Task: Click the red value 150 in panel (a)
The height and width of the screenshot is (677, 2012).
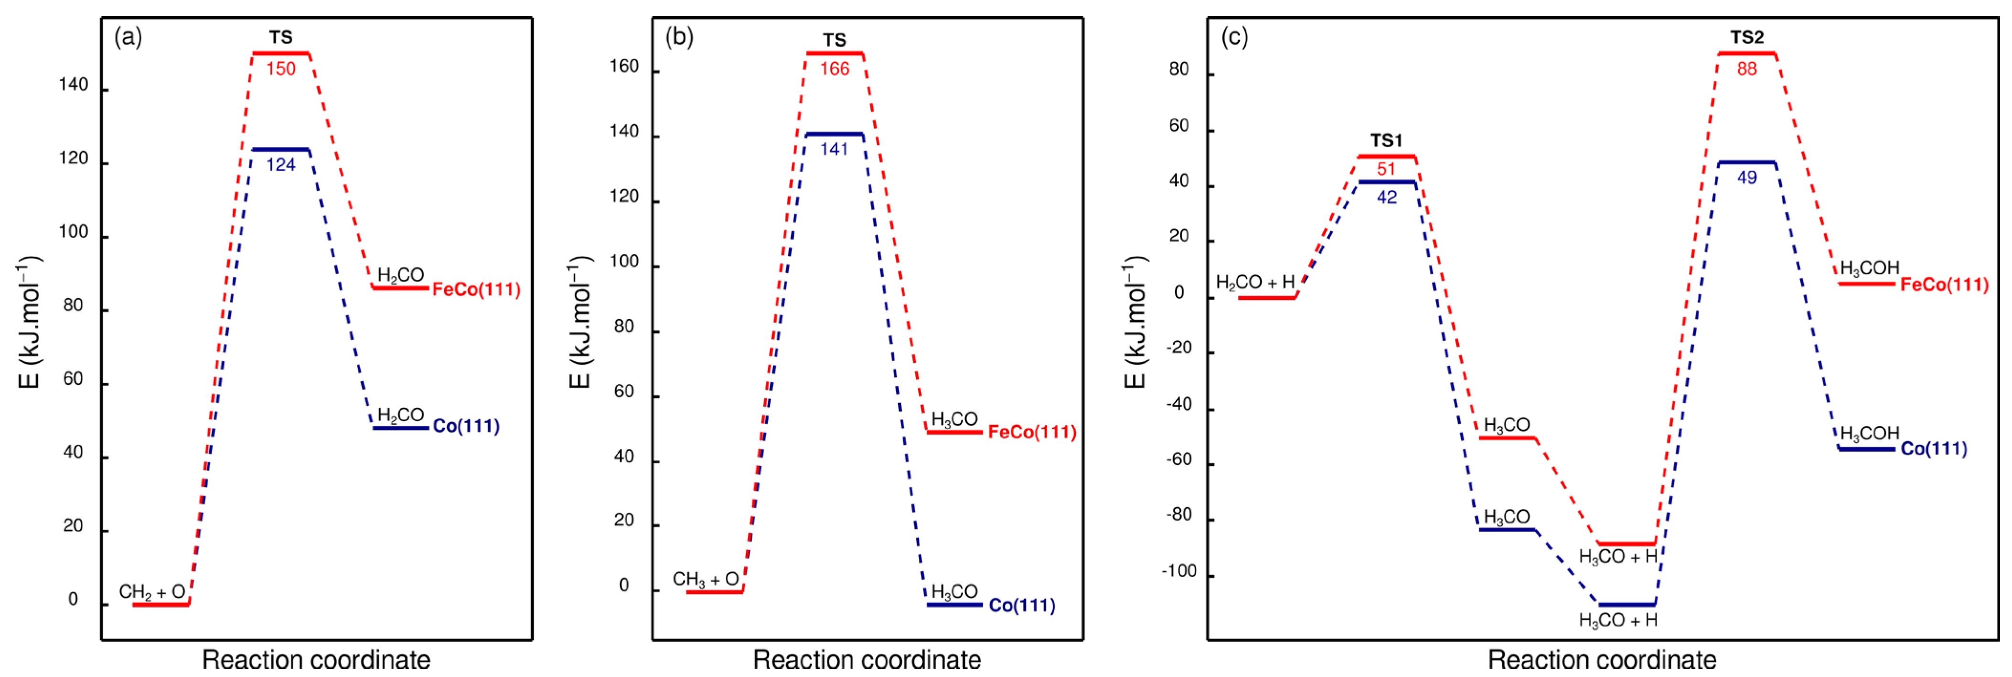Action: (x=280, y=69)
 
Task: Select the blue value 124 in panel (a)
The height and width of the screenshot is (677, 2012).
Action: (x=280, y=165)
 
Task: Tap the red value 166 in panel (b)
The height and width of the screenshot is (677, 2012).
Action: (x=834, y=69)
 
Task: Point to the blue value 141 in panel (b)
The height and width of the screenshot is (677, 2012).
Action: (x=834, y=149)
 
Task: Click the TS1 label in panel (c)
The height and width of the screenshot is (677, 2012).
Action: (x=1386, y=141)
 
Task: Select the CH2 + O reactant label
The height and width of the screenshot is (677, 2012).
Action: (x=152, y=592)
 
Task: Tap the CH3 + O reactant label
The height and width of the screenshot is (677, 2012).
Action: (x=705, y=579)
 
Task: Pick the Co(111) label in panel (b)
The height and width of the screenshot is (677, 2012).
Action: (x=1022, y=605)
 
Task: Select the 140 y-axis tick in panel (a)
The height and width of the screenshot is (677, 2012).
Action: (x=74, y=85)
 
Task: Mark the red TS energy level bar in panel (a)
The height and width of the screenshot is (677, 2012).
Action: (x=280, y=53)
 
